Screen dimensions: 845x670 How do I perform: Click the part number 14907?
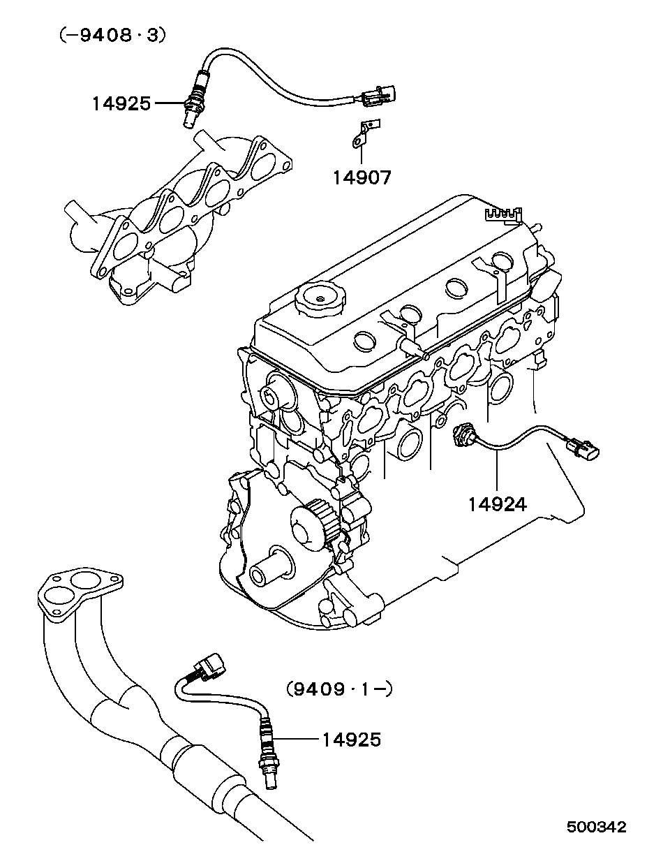[x=361, y=177]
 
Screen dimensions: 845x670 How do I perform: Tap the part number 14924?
[x=497, y=503]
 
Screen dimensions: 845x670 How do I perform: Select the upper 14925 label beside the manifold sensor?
[x=121, y=104]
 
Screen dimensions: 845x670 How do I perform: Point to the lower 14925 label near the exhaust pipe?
[x=351, y=739]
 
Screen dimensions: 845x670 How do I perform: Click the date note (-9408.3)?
[x=112, y=35]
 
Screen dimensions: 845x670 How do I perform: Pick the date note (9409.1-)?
[x=339, y=689]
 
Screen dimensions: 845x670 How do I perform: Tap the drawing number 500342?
[x=596, y=827]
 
